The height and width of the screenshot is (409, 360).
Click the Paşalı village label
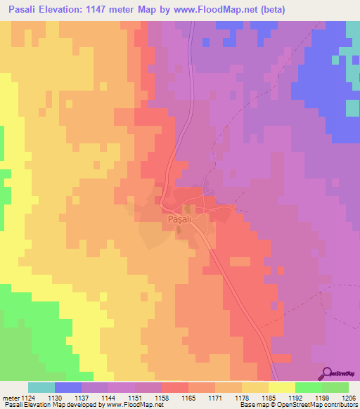click(180, 219)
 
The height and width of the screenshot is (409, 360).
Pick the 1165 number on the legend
click(188, 397)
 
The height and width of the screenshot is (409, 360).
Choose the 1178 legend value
click(241, 397)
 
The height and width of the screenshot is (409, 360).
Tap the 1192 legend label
click(295, 397)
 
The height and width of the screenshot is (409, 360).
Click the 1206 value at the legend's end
click(347, 397)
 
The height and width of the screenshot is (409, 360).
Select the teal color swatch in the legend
click(41, 387)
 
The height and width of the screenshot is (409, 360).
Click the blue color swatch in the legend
click(67, 387)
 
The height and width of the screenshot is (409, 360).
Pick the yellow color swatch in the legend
click(281, 387)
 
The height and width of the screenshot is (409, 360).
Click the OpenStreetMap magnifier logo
click(327, 373)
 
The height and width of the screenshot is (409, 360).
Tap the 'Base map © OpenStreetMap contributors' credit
click(297, 405)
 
